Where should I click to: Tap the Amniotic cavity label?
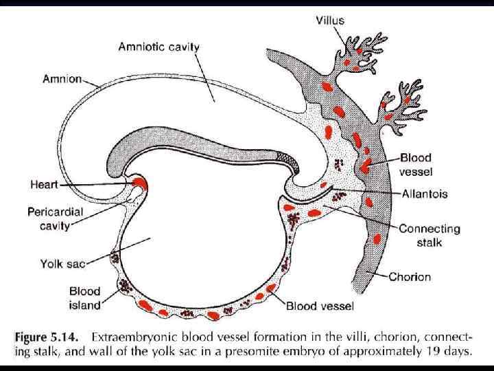159,47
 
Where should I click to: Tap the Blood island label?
84,298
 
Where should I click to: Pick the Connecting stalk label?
430,236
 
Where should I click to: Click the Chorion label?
410,277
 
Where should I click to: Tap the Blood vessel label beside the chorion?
416,164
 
